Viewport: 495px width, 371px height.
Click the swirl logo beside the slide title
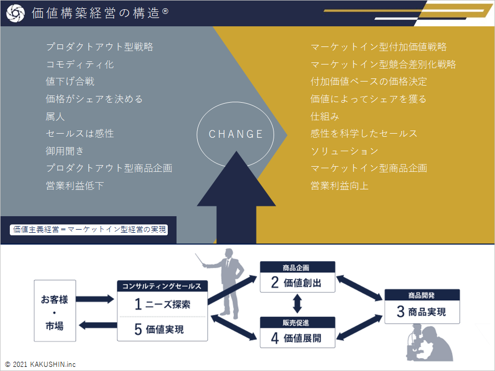coord(15,13)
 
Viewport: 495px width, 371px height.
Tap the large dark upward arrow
coord(236,201)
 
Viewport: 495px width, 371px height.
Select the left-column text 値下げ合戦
coord(70,82)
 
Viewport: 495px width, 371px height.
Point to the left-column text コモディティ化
coord(80,64)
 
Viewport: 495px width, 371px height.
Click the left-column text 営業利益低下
coord(75,186)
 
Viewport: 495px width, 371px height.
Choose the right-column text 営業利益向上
coord(340,186)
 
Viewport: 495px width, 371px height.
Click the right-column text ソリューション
coord(345,151)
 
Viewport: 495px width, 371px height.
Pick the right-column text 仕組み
coord(325,117)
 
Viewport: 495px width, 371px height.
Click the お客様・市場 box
coord(55,311)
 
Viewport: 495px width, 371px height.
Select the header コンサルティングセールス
coord(162,286)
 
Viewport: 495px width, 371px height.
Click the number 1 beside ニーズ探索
coord(138,304)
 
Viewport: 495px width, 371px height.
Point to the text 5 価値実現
coord(159,329)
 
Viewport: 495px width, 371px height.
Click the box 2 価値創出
coord(297,282)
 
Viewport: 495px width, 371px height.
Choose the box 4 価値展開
coord(297,338)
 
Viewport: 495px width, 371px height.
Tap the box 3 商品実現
coord(422,311)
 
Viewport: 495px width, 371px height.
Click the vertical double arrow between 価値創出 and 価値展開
coord(297,304)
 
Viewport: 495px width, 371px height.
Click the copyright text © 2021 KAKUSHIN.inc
coord(40,364)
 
